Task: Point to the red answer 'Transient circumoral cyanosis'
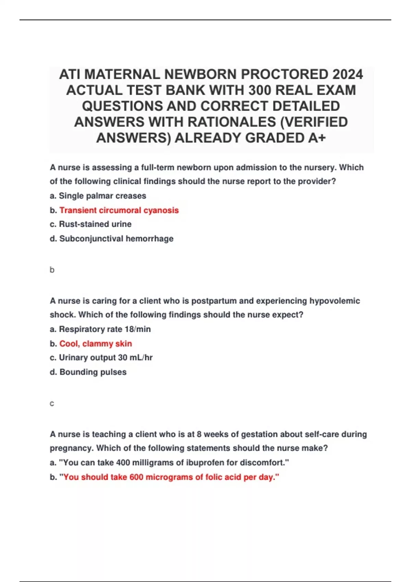(119, 210)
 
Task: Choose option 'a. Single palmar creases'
(98, 196)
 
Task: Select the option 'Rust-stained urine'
(95, 224)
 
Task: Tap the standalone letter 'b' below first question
(52, 270)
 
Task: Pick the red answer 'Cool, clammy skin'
(96, 343)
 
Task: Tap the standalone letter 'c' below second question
(52, 404)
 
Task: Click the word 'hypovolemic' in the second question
(335, 301)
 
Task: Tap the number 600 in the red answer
(136, 477)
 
